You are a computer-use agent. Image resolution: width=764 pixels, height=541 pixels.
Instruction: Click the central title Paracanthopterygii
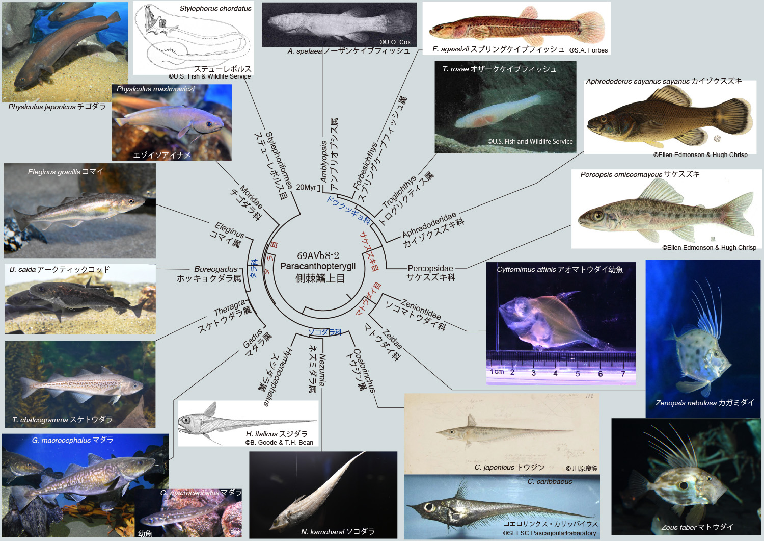(x=318, y=266)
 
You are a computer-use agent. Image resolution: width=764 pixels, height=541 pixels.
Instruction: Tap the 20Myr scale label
(x=306, y=187)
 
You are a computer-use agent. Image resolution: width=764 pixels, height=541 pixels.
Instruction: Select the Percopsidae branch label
(x=430, y=268)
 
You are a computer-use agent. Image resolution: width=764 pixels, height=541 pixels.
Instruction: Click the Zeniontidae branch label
(x=421, y=308)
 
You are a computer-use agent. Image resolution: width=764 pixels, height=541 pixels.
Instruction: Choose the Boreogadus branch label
(x=215, y=269)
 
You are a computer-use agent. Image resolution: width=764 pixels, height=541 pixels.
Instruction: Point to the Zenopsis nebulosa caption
(x=704, y=402)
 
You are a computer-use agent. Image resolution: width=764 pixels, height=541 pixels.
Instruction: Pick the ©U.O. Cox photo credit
(x=395, y=42)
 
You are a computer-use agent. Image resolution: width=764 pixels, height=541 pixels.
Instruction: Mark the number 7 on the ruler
(x=623, y=374)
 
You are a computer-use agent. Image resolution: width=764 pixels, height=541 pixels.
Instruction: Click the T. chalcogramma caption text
(x=62, y=419)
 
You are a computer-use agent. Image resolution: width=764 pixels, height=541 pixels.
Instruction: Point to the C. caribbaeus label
(x=550, y=481)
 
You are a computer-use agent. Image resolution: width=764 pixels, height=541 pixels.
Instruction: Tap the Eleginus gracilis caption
(x=65, y=172)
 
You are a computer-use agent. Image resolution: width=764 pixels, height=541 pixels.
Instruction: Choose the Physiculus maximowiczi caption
(x=155, y=89)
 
